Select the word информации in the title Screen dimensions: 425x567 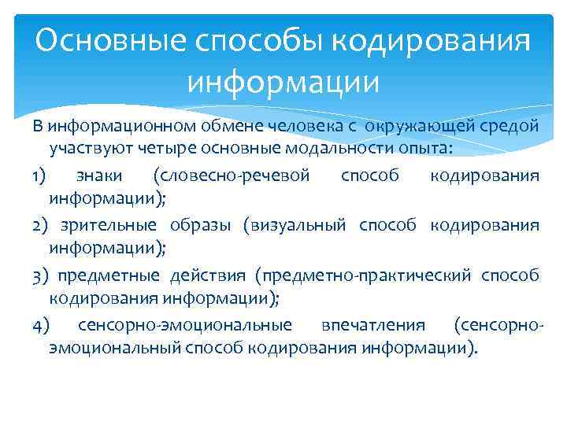coord(283,81)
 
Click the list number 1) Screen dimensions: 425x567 coord(40,175)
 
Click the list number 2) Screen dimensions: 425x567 coord(40,225)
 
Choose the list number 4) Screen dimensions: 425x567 coord(40,324)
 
